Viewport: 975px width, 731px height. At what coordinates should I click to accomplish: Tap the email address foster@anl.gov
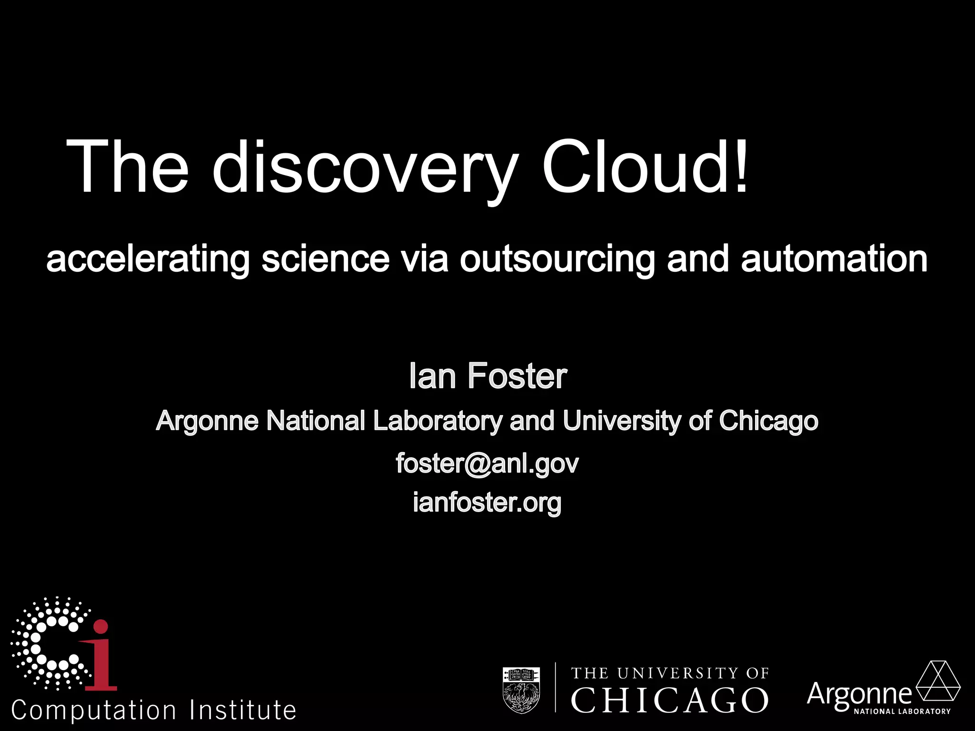(x=487, y=463)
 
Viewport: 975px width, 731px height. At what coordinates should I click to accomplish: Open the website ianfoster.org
(x=487, y=502)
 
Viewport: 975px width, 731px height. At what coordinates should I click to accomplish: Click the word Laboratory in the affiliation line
(x=438, y=421)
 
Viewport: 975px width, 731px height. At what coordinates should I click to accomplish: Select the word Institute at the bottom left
(x=243, y=710)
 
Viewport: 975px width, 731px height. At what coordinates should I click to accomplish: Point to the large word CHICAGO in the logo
(x=669, y=700)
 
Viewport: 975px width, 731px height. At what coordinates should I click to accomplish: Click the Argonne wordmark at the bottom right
(x=859, y=694)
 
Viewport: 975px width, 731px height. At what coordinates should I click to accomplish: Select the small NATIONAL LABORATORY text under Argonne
(x=902, y=712)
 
